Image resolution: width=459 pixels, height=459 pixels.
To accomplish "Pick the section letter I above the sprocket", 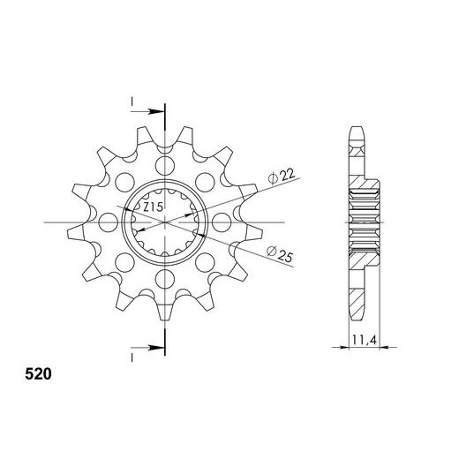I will coord(131,103).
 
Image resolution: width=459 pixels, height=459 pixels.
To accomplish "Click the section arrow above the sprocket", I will coord(154,111).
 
